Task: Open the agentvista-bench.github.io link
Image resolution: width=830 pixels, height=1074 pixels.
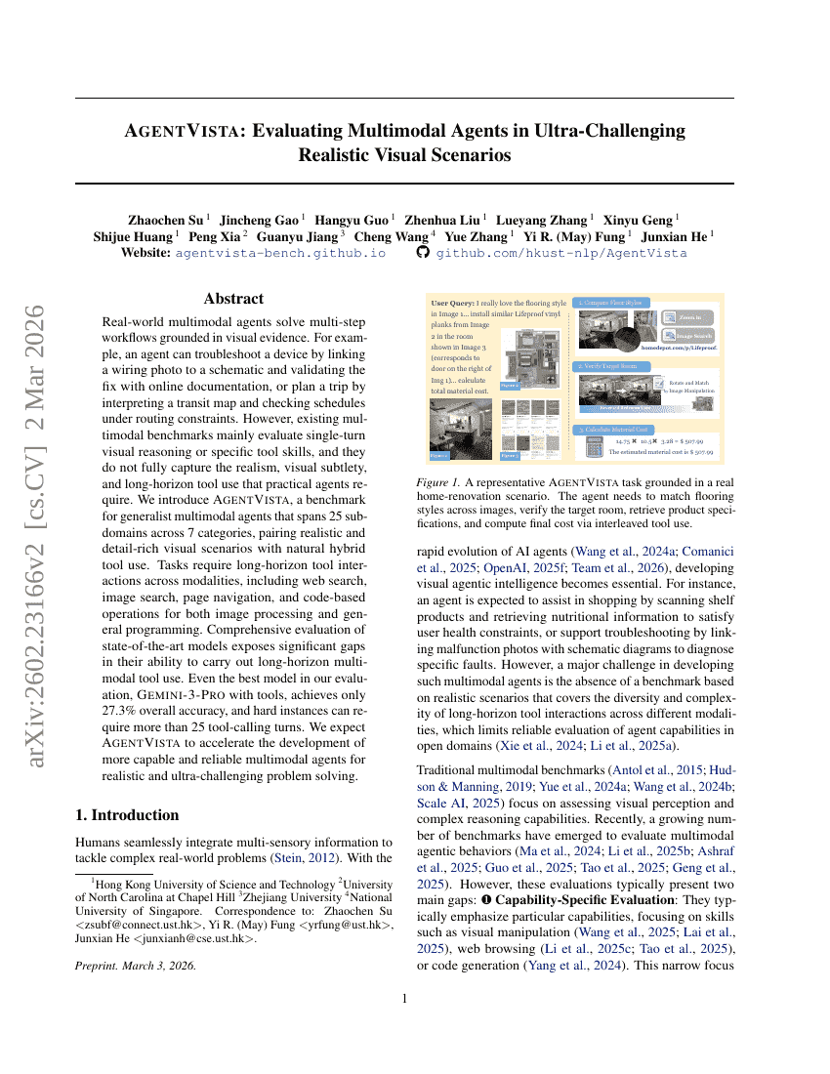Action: (x=280, y=253)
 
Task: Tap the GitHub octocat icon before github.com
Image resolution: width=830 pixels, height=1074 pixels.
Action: (x=423, y=252)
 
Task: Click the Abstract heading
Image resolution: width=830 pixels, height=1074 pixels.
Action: (x=233, y=299)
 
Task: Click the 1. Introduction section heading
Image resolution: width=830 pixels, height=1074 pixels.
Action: (x=127, y=815)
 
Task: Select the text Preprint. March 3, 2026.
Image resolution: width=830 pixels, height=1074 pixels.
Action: (x=135, y=965)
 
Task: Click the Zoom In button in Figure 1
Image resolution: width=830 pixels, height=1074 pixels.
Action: (x=688, y=316)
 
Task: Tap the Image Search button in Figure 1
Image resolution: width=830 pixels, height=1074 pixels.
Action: (x=688, y=336)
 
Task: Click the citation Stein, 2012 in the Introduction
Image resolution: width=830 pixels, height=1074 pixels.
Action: (x=303, y=859)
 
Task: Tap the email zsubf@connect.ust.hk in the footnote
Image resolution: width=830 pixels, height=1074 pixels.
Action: (x=140, y=926)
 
